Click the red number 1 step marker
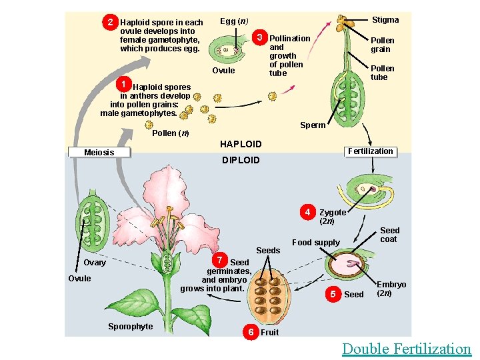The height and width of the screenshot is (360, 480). (x=123, y=83)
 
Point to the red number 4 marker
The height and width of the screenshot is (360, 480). (x=307, y=213)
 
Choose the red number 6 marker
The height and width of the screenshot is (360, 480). (x=251, y=331)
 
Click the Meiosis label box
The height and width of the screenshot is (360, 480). (x=99, y=153)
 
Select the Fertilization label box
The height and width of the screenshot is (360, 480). (x=371, y=151)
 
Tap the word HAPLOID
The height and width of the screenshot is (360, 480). (x=241, y=144)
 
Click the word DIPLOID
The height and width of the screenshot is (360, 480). (x=241, y=160)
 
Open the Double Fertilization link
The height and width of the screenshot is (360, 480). (x=406, y=349)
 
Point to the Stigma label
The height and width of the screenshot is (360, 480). (x=385, y=20)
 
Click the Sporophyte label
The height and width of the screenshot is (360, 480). (x=130, y=326)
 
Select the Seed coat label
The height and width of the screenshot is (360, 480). (x=389, y=235)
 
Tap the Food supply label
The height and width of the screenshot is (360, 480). (x=315, y=243)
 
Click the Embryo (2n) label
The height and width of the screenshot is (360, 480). (x=391, y=289)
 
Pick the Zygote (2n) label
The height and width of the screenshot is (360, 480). (x=333, y=217)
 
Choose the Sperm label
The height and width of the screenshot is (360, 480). (x=313, y=125)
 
